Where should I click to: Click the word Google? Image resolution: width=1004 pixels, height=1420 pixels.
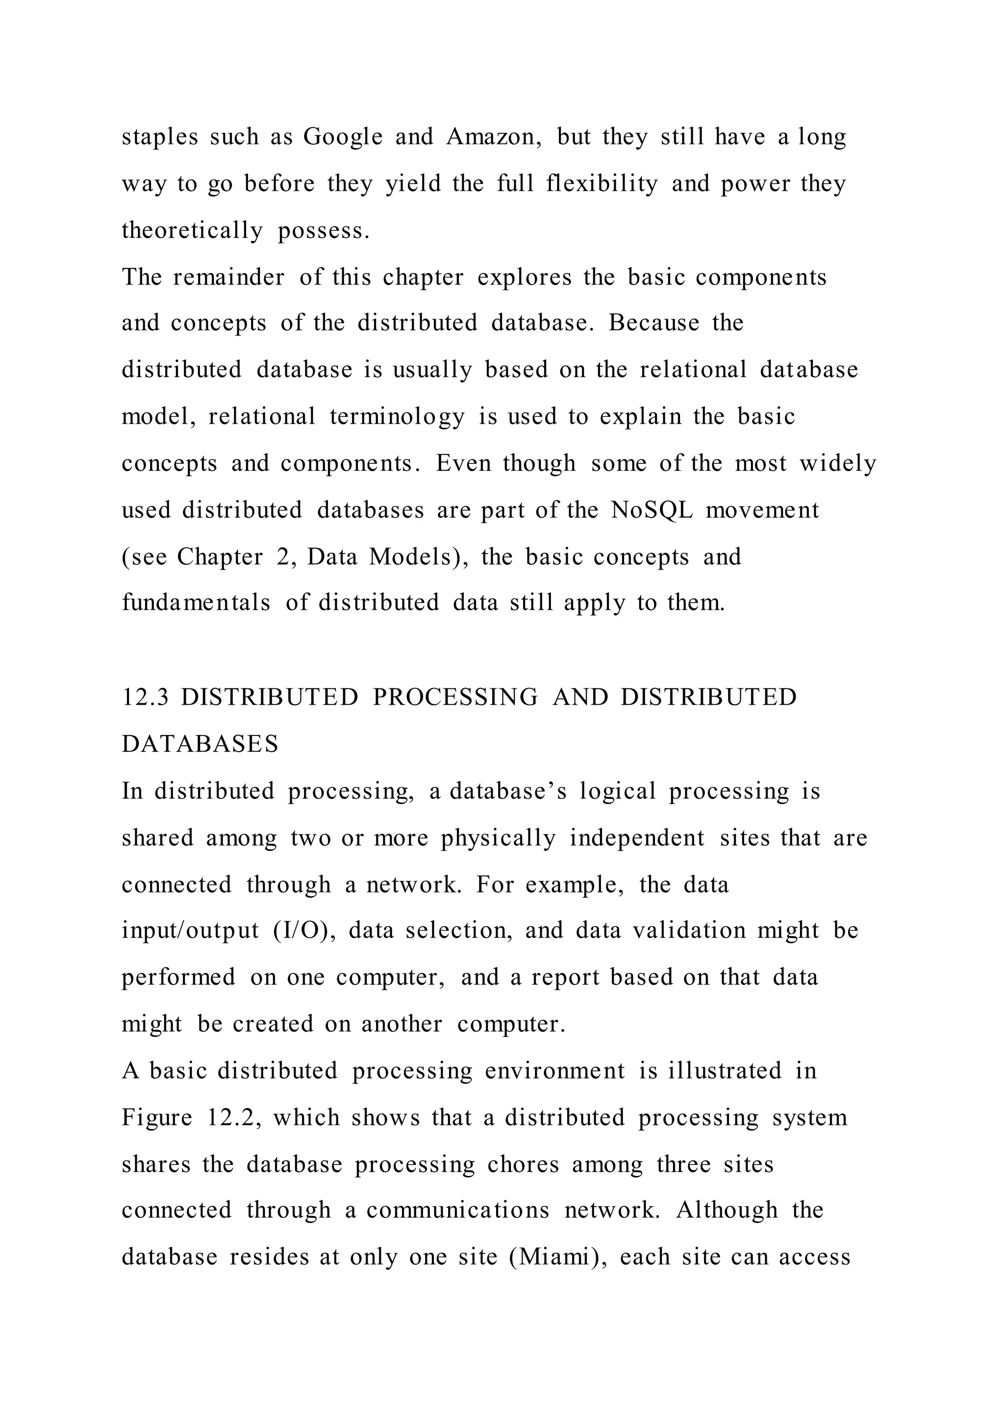pyautogui.click(x=343, y=137)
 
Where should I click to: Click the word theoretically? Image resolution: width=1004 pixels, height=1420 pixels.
pyautogui.click(x=192, y=230)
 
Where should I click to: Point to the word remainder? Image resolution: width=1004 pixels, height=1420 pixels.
pyautogui.click(x=229, y=277)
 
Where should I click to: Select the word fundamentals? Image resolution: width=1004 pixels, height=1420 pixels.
pyautogui.click(x=196, y=603)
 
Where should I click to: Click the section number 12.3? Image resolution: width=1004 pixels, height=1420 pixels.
pyautogui.click(x=145, y=697)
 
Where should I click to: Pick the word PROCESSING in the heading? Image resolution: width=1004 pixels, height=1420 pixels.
pyautogui.click(x=455, y=697)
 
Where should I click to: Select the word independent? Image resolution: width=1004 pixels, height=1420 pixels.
pyautogui.click(x=637, y=838)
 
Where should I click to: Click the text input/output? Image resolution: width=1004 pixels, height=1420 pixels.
pyautogui.click(x=190, y=931)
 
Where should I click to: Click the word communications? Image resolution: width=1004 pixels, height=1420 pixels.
pyautogui.click(x=457, y=1210)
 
